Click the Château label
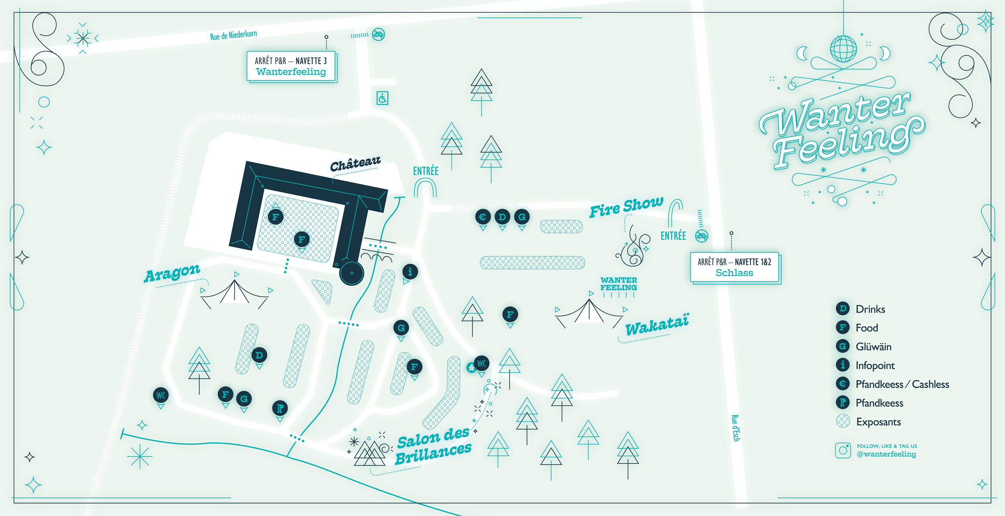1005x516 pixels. coord(355,164)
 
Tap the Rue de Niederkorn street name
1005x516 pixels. coord(233,35)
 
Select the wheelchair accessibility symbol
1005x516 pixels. coord(382,98)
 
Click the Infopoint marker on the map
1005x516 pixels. coord(410,272)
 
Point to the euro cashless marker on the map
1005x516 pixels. coord(483,217)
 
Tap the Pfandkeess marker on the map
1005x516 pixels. coord(280,408)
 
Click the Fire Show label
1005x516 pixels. coord(626,207)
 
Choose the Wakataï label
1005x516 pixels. coord(657,325)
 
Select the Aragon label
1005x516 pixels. coord(172,273)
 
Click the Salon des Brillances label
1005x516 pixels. coord(433,445)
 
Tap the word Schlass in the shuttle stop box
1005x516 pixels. coord(734,273)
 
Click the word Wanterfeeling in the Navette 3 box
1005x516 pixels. coord(291,72)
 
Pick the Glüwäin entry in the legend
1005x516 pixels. coord(873,347)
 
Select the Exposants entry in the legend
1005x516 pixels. coord(878,422)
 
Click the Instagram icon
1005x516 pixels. coord(843,450)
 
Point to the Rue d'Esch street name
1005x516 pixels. coord(735,428)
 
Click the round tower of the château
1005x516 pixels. coord(351,273)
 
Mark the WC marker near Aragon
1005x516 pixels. coord(161,395)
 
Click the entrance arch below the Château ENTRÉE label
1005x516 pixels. coord(425,188)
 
